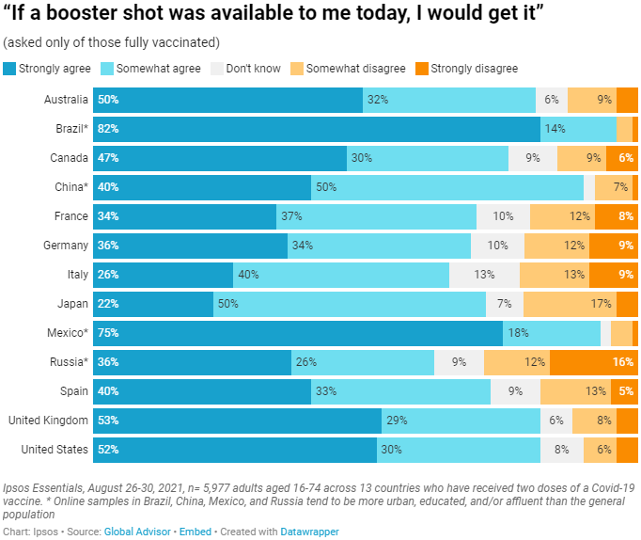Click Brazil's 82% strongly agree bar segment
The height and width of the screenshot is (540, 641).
(x=317, y=129)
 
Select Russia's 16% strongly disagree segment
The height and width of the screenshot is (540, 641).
(x=594, y=362)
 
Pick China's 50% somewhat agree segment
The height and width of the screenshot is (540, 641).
(x=447, y=187)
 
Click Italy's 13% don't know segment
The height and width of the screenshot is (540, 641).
(x=484, y=275)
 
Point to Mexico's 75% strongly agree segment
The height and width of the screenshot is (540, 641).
(x=298, y=333)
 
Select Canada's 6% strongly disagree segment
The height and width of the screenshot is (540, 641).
(x=622, y=158)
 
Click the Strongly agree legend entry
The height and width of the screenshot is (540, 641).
(x=46, y=69)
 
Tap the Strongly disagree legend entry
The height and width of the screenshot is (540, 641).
(x=465, y=69)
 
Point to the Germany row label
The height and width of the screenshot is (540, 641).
(x=66, y=246)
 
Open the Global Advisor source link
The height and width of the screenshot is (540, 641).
(x=136, y=532)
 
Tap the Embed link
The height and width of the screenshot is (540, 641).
(x=195, y=532)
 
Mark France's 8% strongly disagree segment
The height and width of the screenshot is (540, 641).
(x=617, y=216)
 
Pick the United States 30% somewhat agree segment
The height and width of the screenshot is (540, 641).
(x=459, y=450)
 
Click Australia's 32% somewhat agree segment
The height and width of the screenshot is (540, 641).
(x=449, y=100)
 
